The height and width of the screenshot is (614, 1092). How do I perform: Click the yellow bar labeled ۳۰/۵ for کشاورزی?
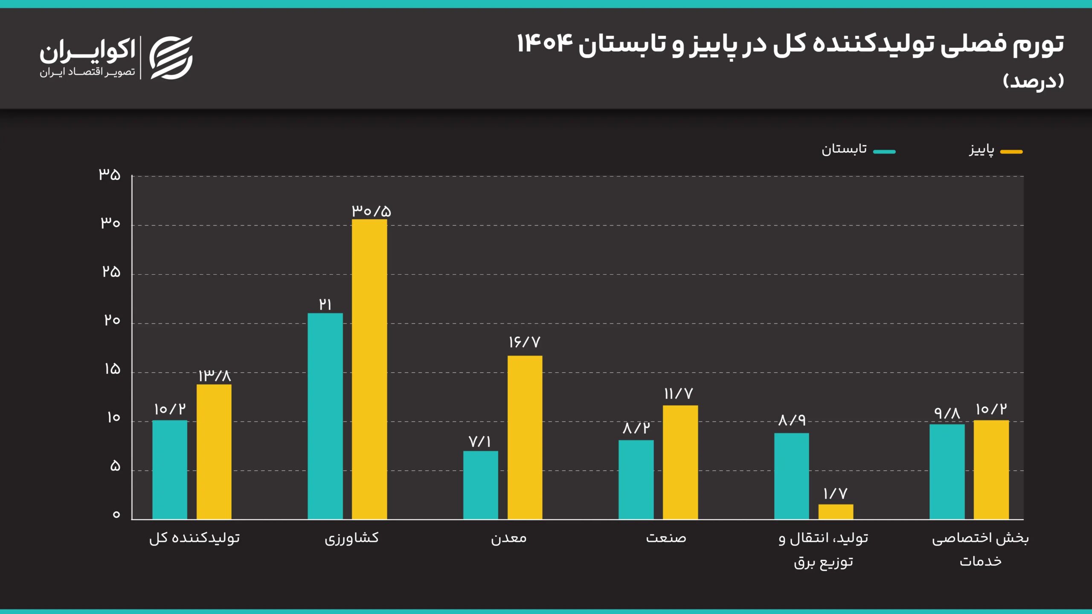pos(369,369)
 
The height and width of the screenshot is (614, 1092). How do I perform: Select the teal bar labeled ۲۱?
pos(325,416)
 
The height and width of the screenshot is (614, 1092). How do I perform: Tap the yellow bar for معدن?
pos(525,437)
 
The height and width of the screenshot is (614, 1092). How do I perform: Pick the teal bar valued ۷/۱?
pos(480,485)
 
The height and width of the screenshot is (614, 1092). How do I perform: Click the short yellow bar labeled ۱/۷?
pos(836,512)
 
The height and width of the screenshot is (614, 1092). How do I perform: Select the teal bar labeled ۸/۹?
pos(791,476)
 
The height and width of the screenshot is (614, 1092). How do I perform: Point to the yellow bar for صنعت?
pos(680,462)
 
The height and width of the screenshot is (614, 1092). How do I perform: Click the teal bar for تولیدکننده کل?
pos(169,469)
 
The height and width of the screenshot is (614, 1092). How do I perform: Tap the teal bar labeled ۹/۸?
pos(947,471)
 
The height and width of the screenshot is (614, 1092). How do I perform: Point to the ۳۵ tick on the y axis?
pos(110,174)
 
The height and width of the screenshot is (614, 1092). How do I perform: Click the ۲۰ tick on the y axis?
pos(112,320)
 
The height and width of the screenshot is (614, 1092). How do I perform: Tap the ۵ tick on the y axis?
pos(115,466)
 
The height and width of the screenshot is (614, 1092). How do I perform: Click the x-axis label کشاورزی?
pos(351,538)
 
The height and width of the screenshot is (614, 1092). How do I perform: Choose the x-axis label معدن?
pos(508,538)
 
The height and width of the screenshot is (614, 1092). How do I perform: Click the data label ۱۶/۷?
pos(524,342)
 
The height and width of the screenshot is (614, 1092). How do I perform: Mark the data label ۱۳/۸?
pos(215,376)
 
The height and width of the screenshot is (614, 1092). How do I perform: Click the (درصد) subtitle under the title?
pos(1033,81)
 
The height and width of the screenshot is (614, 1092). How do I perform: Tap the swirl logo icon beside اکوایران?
pos(171,58)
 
